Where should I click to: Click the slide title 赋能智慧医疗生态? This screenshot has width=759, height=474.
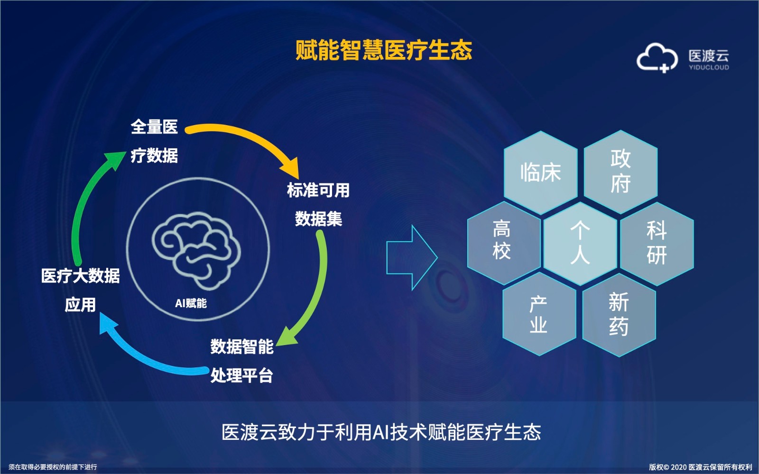coord(384,50)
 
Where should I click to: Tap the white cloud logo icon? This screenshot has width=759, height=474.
coord(657,57)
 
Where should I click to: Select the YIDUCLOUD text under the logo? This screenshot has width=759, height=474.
coord(709,67)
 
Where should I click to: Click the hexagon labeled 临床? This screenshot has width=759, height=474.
coord(541,173)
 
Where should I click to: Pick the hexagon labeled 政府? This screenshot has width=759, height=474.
coord(621,172)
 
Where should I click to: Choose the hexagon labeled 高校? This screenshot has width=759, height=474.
coord(504,243)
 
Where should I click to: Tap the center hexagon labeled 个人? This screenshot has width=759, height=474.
coord(580,244)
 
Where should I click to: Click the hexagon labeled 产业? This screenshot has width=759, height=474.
coord(539,314)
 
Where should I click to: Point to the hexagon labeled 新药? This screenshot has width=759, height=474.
coord(619,315)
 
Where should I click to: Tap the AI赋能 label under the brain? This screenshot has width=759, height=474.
coord(191,303)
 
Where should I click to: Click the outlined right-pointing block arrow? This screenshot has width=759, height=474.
coord(412,258)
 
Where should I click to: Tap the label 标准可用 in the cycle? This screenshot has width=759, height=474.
coord(318,190)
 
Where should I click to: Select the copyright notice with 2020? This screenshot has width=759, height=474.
coord(700,467)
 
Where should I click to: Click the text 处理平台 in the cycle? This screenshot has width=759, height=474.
coord(241,375)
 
